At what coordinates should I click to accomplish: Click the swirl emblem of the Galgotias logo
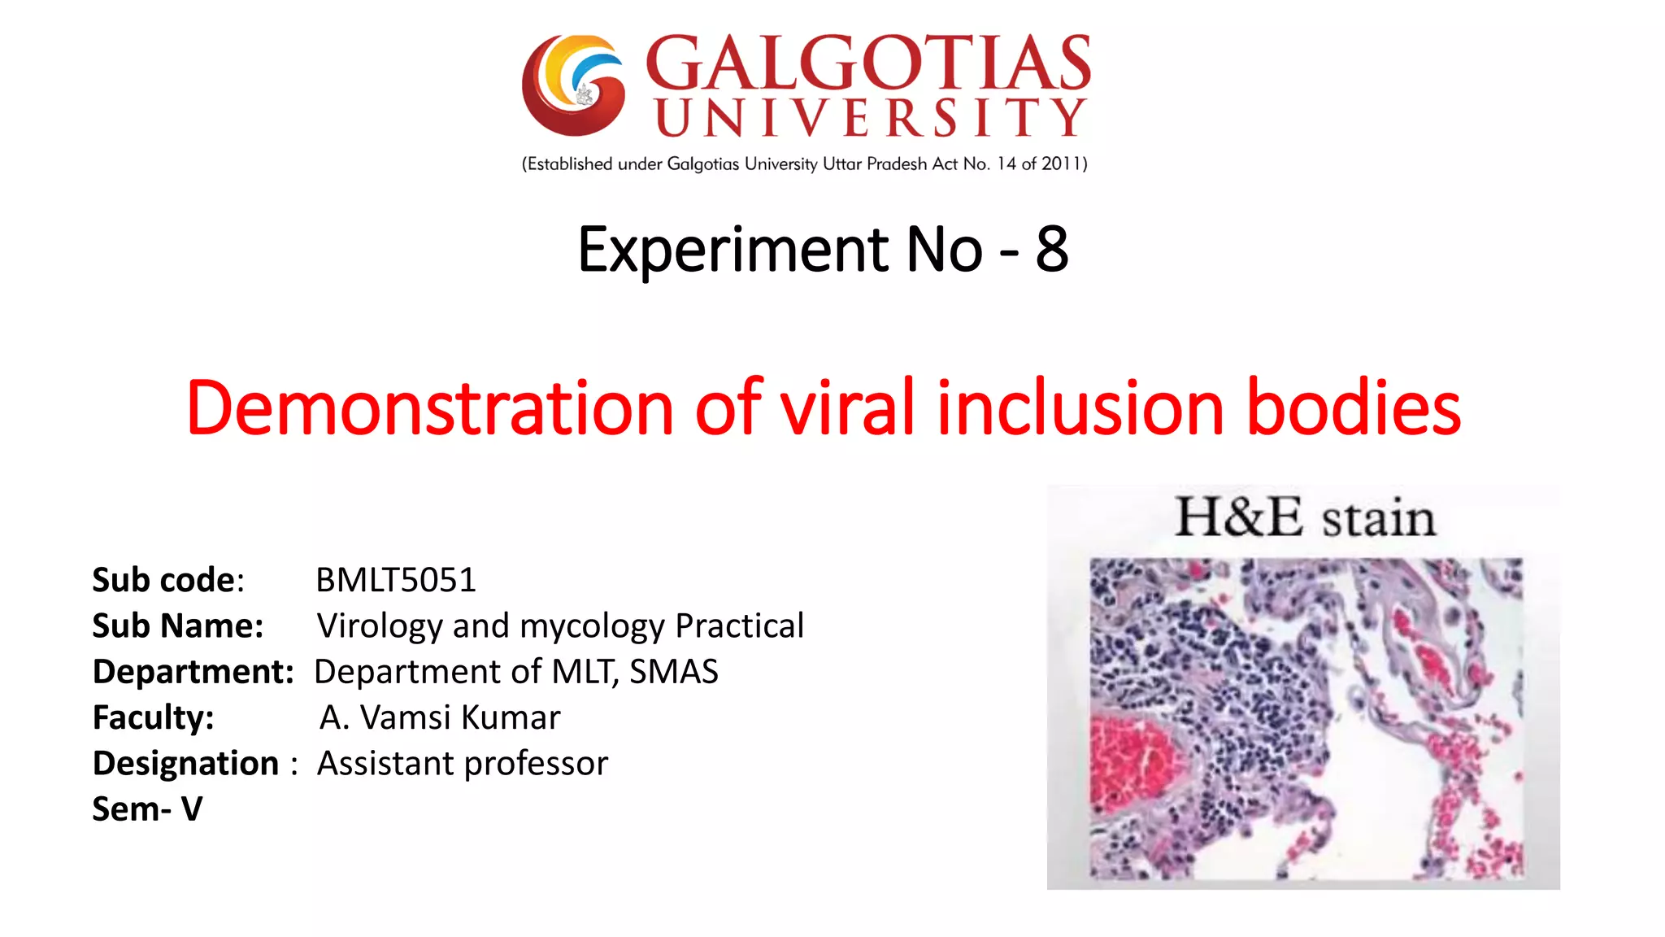pos(574,85)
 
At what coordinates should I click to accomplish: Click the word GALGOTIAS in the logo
pos(867,63)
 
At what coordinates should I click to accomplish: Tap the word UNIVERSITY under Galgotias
pos(870,118)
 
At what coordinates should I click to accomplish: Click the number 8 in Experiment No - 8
pos(1051,249)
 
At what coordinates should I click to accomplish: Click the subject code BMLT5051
pos(396,580)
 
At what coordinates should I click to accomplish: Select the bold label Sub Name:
pos(177,625)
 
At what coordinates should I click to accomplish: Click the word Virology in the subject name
pos(379,625)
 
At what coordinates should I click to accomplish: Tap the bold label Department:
pos(193,672)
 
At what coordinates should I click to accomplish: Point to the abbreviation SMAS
pos(674,672)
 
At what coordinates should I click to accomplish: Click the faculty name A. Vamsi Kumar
pos(440,717)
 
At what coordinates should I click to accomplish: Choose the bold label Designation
pos(185,763)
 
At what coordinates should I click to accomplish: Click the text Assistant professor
pos(463,763)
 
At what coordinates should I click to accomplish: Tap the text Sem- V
pos(147,809)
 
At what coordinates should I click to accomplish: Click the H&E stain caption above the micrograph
pos(1305,518)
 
